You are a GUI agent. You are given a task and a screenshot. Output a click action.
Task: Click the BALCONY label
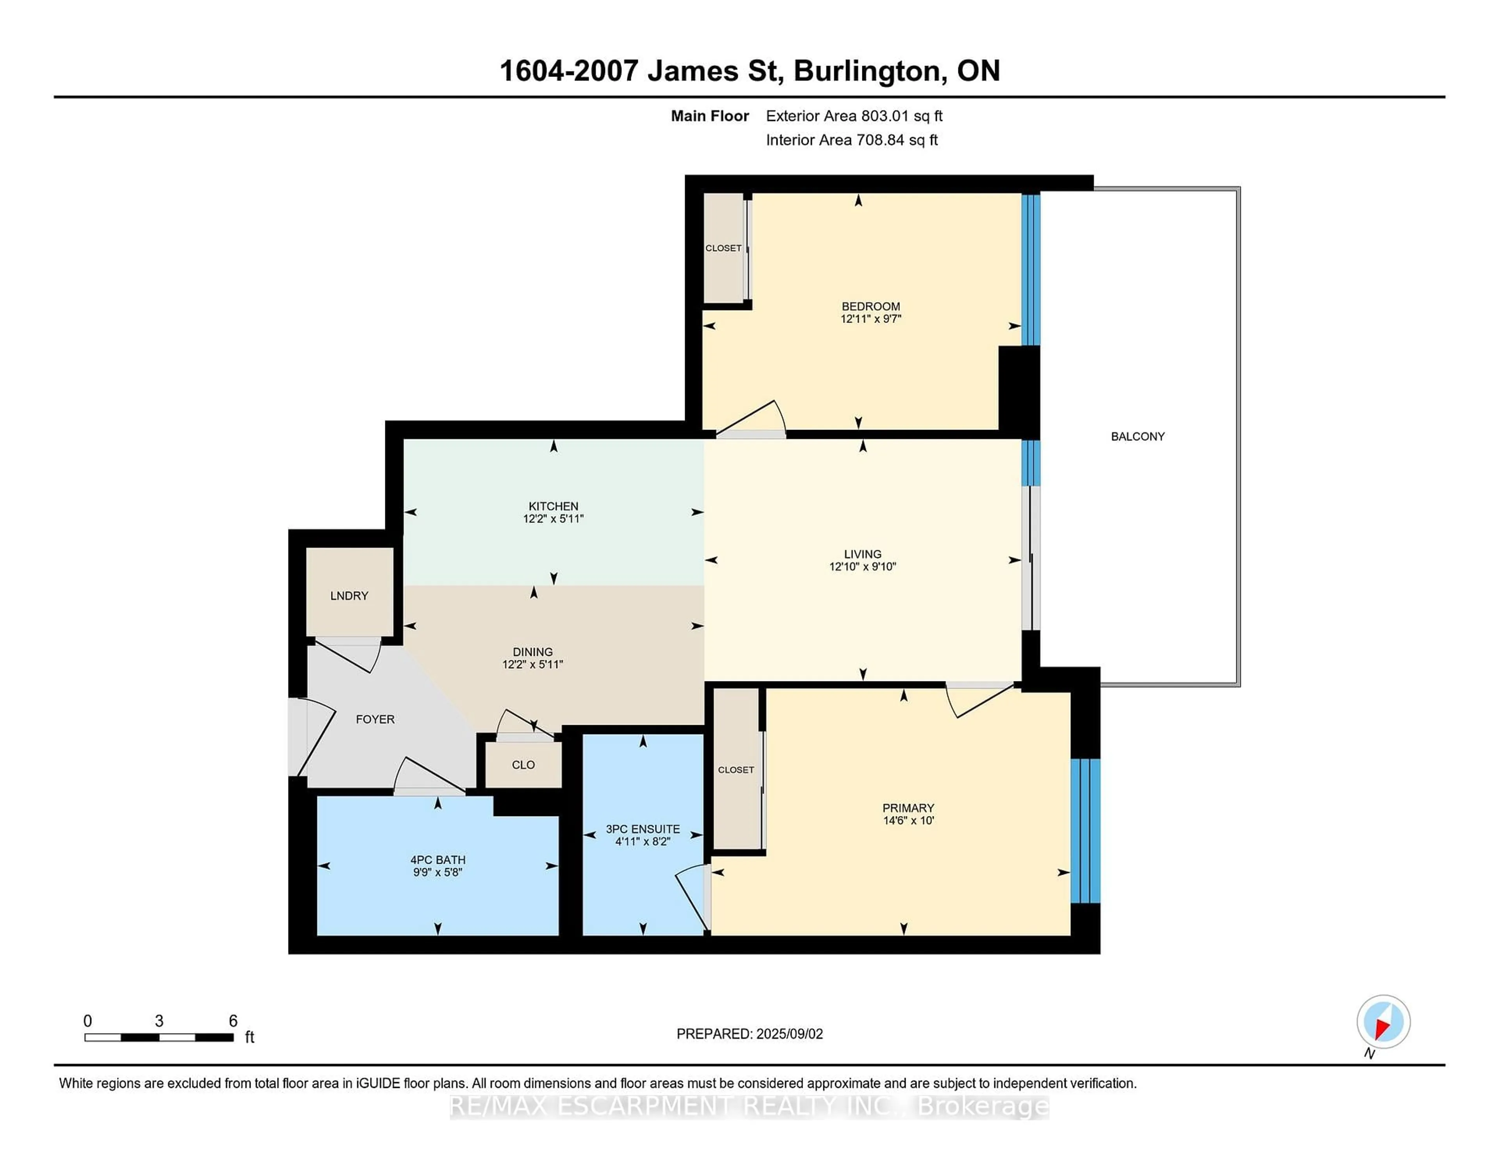[x=1137, y=436]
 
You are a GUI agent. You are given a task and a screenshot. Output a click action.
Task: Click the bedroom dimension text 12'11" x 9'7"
[x=870, y=319]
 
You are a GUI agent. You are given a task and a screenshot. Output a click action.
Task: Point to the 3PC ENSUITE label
[x=643, y=829]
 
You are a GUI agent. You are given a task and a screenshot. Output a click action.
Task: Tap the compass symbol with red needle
[x=1383, y=1021]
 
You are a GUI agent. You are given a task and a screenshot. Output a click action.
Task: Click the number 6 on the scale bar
[x=233, y=1020]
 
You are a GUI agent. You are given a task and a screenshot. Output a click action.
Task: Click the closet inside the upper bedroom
[x=723, y=248]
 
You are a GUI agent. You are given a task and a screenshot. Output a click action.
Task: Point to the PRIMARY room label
[x=908, y=808]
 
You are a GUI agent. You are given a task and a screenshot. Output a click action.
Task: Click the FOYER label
[x=375, y=719]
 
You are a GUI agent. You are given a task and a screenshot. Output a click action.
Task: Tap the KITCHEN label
[x=553, y=506]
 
